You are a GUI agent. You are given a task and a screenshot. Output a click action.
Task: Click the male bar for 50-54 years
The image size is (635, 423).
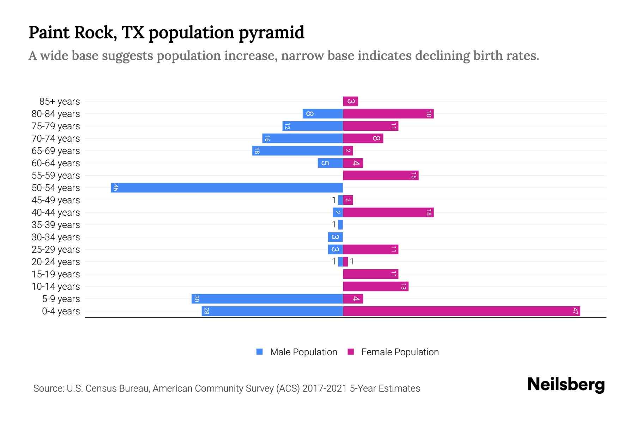tap(227, 188)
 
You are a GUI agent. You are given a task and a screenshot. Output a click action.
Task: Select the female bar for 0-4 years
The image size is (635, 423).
tap(461, 311)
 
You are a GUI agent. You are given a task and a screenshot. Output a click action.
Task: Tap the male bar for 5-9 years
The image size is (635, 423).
tap(267, 299)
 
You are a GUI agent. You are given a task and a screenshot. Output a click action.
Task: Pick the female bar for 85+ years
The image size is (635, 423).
tap(350, 101)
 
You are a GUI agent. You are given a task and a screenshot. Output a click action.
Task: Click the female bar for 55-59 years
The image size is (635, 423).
tap(381, 175)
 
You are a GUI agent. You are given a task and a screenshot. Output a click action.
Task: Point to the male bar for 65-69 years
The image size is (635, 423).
tap(297, 151)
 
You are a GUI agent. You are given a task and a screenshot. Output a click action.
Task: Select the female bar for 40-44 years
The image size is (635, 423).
tap(388, 212)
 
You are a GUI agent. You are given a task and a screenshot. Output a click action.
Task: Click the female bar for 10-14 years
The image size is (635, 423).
tap(376, 286)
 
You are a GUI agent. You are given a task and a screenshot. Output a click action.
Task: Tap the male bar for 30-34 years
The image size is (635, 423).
tap(335, 237)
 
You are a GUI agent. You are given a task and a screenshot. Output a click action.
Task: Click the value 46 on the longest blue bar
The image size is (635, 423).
tap(115, 188)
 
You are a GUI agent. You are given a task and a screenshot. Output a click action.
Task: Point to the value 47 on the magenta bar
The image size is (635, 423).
tap(575, 311)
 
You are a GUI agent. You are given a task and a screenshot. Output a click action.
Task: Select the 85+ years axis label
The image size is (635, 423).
tap(59, 102)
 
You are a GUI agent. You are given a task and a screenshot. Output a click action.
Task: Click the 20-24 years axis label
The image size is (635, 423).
tap(56, 262)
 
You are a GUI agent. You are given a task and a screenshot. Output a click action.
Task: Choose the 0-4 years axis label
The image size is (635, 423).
tap(61, 311)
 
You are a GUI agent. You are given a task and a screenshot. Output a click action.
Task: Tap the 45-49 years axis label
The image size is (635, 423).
tap(56, 200)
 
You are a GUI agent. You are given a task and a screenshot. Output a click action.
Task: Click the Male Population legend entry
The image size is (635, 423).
tap(303, 352)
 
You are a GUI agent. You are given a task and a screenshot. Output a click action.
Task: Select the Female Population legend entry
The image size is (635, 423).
tap(400, 352)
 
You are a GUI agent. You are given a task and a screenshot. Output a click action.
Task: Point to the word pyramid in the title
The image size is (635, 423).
tap(271, 33)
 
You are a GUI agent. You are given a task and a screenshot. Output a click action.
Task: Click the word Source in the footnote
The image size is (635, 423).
tap(48, 388)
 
